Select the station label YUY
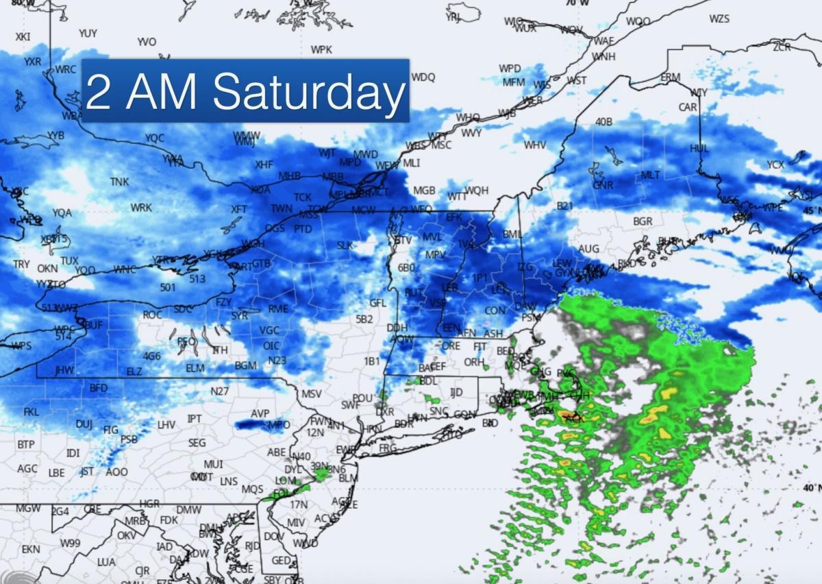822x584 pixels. pyautogui.click(x=88, y=33)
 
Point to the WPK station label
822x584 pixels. pyautogui.click(x=321, y=50)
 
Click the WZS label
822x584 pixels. pyautogui.click(x=719, y=19)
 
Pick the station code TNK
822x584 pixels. pyautogui.click(x=119, y=182)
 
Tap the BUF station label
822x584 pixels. pyautogui.click(x=93, y=324)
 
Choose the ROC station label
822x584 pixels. pyautogui.click(x=152, y=315)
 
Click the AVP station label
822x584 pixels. pyautogui.click(x=260, y=414)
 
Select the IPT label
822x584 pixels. pyautogui.click(x=195, y=419)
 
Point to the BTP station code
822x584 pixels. pyautogui.click(x=25, y=445)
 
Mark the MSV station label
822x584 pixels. pyautogui.click(x=311, y=394)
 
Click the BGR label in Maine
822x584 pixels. pyautogui.click(x=643, y=221)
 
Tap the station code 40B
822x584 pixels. pyautogui.click(x=603, y=122)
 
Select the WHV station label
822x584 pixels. pyautogui.click(x=535, y=145)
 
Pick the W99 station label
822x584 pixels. pyautogui.click(x=70, y=543)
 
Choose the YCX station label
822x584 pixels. pyautogui.click(x=775, y=165)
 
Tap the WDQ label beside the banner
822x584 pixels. pyautogui.click(x=423, y=77)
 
